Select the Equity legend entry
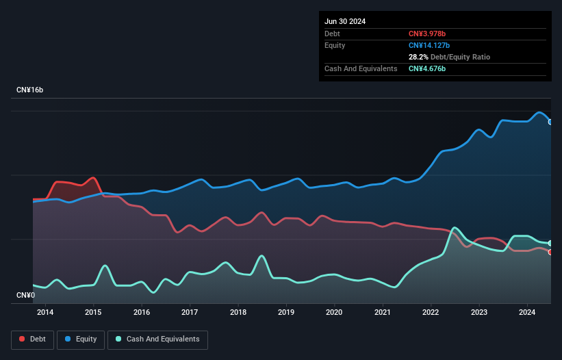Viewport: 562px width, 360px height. [x=81, y=339]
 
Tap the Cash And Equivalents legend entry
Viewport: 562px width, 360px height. [x=157, y=339]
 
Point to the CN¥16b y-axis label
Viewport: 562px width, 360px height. [x=29, y=90]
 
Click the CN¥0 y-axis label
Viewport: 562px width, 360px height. [x=25, y=295]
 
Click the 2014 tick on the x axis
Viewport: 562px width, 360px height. [x=45, y=313]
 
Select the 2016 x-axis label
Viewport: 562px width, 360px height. [x=142, y=313]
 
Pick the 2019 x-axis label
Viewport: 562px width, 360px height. [x=286, y=313]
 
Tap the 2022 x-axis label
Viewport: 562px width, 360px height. [x=431, y=313]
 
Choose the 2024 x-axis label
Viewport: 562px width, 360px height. [x=527, y=313]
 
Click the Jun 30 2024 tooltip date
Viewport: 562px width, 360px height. [x=345, y=21]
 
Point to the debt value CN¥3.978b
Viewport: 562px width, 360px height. [x=428, y=34]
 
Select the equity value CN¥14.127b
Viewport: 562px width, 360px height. [x=431, y=45]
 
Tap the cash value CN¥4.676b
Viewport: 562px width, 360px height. [x=428, y=68]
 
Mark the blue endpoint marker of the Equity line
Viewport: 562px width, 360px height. [x=550, y=122]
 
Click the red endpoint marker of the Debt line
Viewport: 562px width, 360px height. [x=550, y=252]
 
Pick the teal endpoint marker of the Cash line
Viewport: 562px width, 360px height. [x=550, y=243]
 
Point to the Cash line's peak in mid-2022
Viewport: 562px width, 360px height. [x=454, y=227]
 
